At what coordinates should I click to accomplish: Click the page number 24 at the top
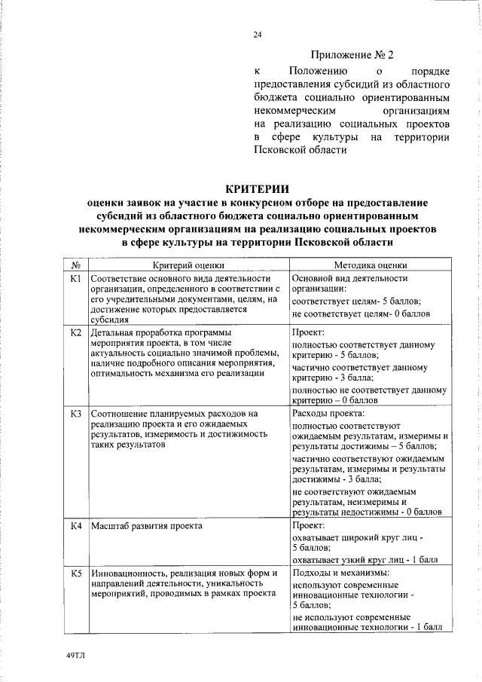coord(258,35)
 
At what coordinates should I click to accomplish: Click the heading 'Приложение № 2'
coord(352,55)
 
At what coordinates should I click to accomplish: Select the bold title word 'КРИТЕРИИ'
coord(258,188)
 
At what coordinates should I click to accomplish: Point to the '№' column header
coord(75,265)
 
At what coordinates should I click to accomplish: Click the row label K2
coord(75,332)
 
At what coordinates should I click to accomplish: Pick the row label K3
coord(75,414)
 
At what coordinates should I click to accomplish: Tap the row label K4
coord(75,525)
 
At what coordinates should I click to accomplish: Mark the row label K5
coord(75,573)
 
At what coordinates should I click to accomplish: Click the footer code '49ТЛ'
coord(76,655)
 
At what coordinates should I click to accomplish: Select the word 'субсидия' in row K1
coord(108,319)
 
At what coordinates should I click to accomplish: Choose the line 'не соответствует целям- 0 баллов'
coord(361,313)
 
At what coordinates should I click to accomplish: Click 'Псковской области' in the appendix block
coord(300,150)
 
